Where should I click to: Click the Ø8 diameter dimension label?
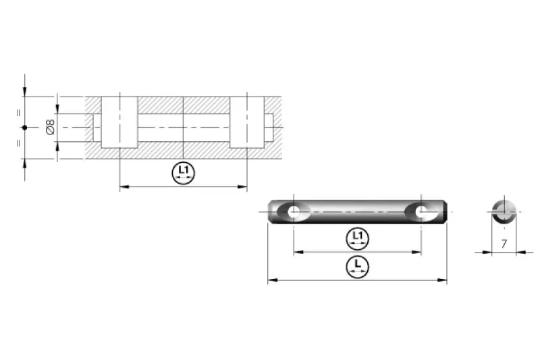[50, 127]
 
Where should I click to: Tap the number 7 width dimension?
[504, 244]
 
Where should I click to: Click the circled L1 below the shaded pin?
[358, 238]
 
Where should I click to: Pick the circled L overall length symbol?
[358, 266]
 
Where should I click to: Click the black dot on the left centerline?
[24, 128]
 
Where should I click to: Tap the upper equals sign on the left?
[19, 113]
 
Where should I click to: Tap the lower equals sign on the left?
[19, 143]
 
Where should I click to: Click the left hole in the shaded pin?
[294, 211]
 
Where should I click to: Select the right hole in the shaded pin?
[421, 212]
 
